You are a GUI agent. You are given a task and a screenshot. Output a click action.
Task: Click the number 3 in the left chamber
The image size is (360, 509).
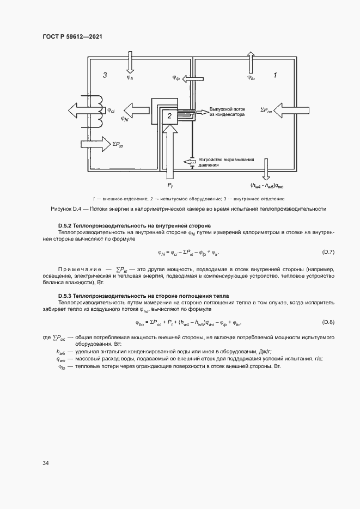[105, 75]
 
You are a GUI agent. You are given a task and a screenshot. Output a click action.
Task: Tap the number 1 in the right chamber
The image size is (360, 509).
[275, 75]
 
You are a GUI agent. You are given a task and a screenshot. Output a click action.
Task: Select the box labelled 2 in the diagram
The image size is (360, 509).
[169, 115]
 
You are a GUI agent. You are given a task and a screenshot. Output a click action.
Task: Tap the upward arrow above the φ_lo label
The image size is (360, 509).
[251, 62]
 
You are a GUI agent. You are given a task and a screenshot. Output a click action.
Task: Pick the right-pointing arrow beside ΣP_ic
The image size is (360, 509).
[95, 143]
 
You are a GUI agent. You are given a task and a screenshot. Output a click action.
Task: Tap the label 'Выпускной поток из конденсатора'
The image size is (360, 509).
[227, 112]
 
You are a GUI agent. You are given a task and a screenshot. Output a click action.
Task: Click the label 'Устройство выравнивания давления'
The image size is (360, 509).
[226, 161]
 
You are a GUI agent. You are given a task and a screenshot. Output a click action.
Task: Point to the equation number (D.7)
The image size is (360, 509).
[328, 252]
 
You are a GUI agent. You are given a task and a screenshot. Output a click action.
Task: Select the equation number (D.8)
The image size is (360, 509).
[328, 322]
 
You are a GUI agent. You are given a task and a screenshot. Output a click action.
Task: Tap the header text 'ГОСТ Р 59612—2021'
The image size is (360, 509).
[72, 36]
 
